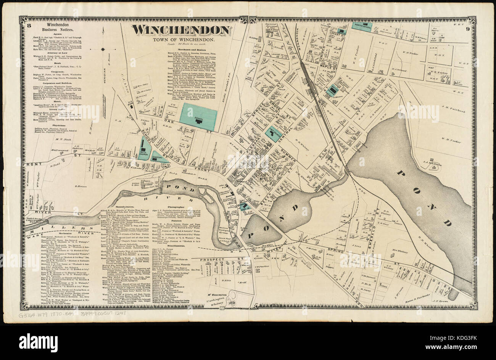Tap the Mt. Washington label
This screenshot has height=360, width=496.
click(x=218, y=295)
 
